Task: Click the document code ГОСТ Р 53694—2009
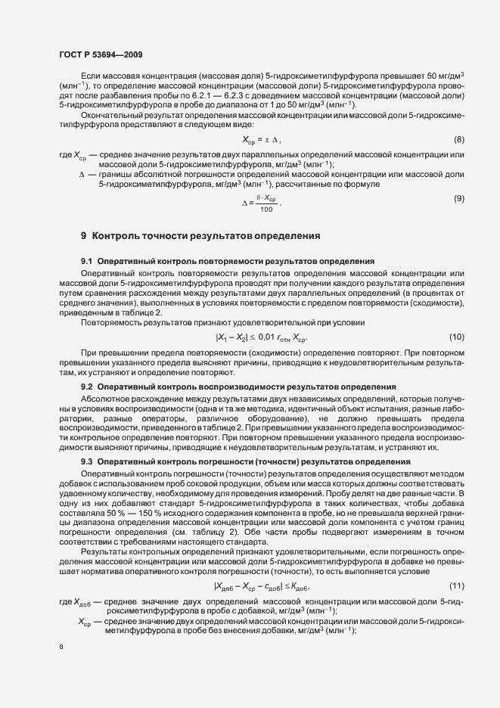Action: click(99, 54)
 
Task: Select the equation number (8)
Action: click(458, 140)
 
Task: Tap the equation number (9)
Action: click(458, 198)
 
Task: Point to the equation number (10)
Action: click(456, 336)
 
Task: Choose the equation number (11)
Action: click(456, 565)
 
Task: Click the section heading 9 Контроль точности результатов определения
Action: click(200, 236)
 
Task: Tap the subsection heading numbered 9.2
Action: click(238, 387)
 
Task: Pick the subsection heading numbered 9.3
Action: click(235, 461)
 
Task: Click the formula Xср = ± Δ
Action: click(261, 141)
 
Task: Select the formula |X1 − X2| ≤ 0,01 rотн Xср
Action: click(262, 337)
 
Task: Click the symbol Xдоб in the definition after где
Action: click(85, 580)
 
